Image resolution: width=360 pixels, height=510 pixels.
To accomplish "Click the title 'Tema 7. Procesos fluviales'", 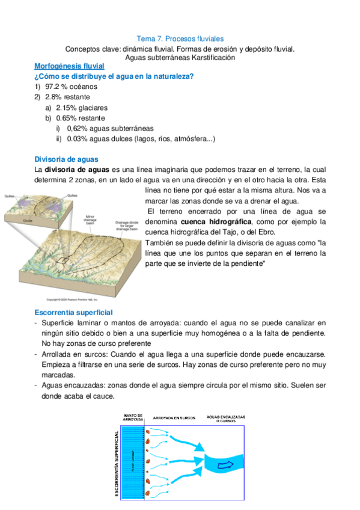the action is [180, 38].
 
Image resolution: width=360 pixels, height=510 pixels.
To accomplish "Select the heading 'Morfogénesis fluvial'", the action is [69, 66].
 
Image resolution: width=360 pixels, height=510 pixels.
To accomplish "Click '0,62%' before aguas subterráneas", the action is [78, 129].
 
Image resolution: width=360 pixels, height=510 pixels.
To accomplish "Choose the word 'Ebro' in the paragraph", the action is [282, 232].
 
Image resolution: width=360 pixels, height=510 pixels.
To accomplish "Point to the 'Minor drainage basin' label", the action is [91, 220].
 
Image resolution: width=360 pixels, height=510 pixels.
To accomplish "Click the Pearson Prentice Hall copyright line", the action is [72, 299].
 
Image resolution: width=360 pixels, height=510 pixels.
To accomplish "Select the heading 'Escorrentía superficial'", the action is [73, 313].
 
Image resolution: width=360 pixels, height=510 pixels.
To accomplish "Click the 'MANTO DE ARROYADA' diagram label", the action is [132, 417].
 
